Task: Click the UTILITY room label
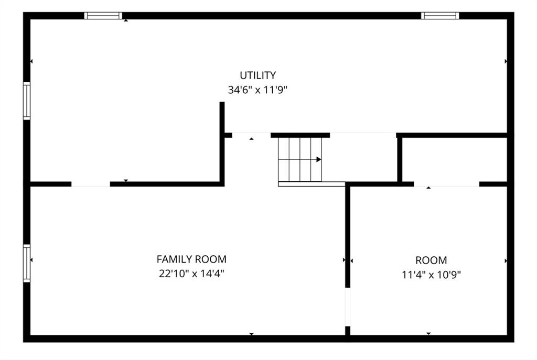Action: click(x=257, y=75)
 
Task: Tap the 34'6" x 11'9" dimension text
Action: click(x=257, y=90)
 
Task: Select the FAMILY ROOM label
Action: click(x=191, y=259)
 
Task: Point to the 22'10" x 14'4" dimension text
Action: click(x=191, y=274)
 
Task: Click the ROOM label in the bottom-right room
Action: click(x=431, y=260)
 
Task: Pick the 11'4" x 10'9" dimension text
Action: click(x=431, y=275)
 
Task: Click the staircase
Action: click(x=300, y=159)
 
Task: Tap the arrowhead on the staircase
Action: click(x=319, y=159)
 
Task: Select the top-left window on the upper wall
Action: click(x=103, y=16)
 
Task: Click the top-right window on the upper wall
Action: click(x=440, y=16)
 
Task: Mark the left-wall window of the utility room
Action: click(x=27, y=101)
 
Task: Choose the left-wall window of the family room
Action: click(x=27, y=263)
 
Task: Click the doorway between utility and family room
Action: click(x=91, y=184)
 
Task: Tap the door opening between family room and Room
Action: click(x=348, y=307)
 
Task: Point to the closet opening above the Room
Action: click(x=447, y=184)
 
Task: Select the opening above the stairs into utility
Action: click(x=363, y=135)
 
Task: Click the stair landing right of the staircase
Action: click(x=360, y=159)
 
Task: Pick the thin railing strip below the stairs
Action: click(x=312, y=184)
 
